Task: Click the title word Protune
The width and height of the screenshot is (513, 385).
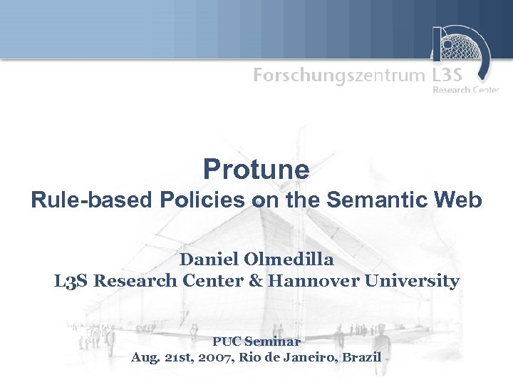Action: pos(256,170)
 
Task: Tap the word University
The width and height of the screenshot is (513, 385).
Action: pos(413,281)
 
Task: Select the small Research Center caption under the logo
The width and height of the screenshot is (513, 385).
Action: pos(466,90)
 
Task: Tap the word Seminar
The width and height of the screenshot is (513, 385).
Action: pos(275,342)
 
